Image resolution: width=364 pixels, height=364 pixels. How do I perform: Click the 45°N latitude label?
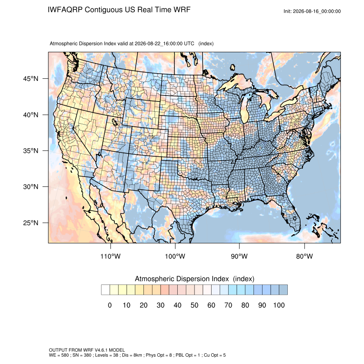[x=30, y=79]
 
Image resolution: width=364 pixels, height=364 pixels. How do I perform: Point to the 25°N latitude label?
[x=30, y=223]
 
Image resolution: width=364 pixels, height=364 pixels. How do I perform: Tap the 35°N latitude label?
[x=30, y=151]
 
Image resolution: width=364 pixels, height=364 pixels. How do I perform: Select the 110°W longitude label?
[x=110, y=256]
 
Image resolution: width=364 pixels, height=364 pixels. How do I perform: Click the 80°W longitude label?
[x=304, y=256]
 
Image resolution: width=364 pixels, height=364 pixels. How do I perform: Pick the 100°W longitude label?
[x=175, y=256]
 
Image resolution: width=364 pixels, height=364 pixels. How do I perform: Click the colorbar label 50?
[x=194, y=305]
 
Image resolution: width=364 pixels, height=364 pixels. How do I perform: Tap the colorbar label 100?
[x=279, y=305]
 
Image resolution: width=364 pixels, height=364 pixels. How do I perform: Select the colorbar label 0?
[x=110, y=305]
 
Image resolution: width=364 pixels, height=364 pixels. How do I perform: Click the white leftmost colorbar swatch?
[x=106, y=290]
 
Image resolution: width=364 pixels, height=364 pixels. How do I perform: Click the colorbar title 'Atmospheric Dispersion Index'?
[x=182, y=279]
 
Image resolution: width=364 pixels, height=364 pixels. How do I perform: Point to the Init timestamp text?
[x=312, y=11]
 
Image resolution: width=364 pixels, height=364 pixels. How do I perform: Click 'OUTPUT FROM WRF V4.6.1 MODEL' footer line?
[x=87, y=350]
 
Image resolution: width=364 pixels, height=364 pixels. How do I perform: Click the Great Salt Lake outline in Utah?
[x=115, y=122]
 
